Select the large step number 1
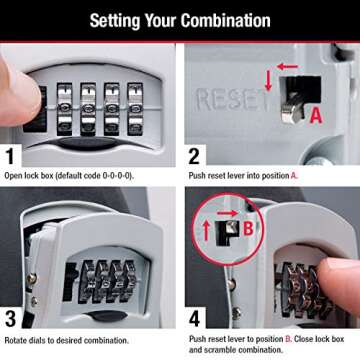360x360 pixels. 12,156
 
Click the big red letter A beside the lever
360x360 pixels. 317,116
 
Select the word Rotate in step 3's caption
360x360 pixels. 18,341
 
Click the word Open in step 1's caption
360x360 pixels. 16,175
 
